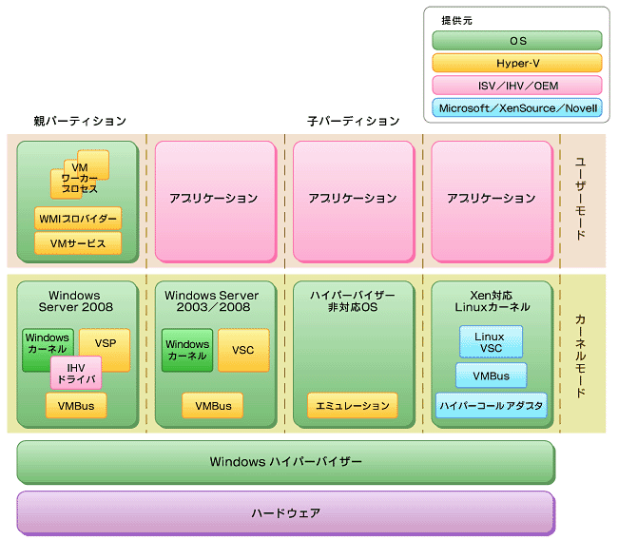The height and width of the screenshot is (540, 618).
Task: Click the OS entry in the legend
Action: (x=517, y=41)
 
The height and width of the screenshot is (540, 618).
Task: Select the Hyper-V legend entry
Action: (x=517, y=63)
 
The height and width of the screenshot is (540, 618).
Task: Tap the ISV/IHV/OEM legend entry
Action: (x=517, y=86)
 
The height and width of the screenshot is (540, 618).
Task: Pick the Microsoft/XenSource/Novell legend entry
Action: (x=517, y=108)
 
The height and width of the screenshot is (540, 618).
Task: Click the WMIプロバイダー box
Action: (x=78, y=219)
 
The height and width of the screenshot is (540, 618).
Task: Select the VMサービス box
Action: (x=78, y=243)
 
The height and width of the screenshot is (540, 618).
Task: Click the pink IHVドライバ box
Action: (x=76, y=374)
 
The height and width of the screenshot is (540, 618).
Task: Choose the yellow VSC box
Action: (x=243, y=350)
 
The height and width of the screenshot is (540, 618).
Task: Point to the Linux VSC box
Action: (x=492, y=342)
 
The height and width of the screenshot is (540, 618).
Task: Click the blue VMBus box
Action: (x=492, y=376)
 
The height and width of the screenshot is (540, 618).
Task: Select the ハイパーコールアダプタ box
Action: (x=492, y=406)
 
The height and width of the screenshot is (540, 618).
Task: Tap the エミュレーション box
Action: (x=353, y=406)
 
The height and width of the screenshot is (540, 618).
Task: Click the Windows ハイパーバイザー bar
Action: (x=286, y=462)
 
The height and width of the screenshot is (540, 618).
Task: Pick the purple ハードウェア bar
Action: (x=286, y=512)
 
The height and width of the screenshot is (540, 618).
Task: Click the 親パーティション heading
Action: (x=80, y=121)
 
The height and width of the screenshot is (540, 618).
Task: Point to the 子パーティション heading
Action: (x=353, y=121)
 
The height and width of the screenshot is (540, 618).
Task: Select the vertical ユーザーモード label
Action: (x=580, y=199)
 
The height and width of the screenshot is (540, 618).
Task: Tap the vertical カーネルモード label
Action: (x=580, y=356)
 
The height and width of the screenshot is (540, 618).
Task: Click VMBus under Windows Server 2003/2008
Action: (x=213, y=406)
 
